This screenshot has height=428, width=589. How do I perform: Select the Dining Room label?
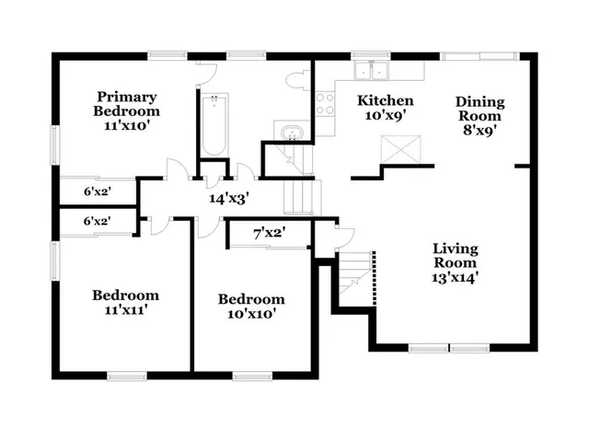tap(480, 109)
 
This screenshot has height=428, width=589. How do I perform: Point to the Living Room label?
tap(456, 254)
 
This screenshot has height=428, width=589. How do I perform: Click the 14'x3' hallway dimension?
tap(229, 197)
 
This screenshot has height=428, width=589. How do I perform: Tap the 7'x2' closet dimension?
tap(268, 234)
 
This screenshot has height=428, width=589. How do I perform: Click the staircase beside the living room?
tap(354, 274)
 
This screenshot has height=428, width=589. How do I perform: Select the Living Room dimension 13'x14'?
tap(456, 274)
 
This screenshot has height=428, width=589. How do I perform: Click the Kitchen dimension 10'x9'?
tap(386, 117)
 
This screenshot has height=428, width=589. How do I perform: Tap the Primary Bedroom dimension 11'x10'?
tap(127, 128)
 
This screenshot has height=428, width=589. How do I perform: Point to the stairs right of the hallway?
tap(298, 195)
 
